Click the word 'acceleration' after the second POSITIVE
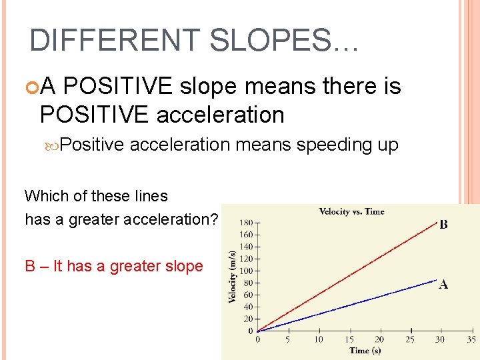220,115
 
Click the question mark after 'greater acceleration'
214,219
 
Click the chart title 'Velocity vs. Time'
352,212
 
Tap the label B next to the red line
443,225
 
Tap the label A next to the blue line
443,285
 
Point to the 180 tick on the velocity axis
246,223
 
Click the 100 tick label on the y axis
246,271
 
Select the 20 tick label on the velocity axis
248,319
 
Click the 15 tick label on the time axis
349,339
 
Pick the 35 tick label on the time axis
471,339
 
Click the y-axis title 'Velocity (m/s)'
233,276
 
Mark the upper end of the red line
434,223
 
